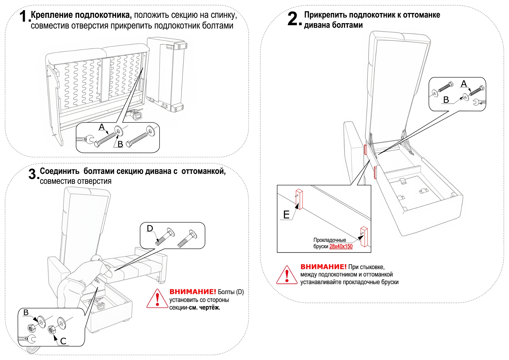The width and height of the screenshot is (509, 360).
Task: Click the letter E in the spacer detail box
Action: point(286,215)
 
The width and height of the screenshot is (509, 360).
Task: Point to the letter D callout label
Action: point(150,228)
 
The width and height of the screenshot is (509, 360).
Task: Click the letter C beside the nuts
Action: point(63,341)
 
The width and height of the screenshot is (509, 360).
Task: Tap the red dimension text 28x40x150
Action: point(341,246)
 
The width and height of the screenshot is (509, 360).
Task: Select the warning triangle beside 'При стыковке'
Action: point(287,275)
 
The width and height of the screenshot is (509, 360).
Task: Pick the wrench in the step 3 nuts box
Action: point(27,339)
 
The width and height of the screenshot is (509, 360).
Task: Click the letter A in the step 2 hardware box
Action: point(464,84)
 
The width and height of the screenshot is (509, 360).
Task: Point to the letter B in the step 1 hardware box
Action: point(120,144)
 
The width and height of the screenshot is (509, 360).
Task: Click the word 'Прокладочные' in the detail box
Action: point(330,240)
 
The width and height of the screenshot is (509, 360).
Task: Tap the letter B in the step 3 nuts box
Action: point(26,312)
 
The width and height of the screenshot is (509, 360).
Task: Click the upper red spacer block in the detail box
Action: point(299,199)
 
